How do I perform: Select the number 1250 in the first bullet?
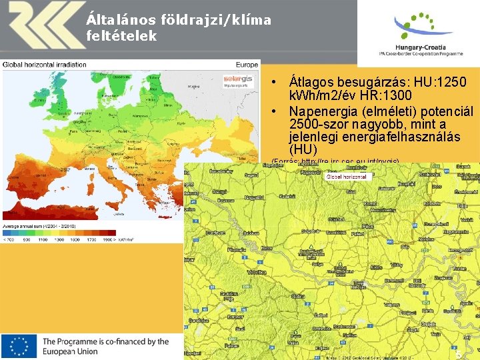(451, 83)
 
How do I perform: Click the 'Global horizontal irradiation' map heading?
(45, 65)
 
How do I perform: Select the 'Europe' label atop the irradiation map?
(246, 65)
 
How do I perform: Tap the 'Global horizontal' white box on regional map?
(346, 177)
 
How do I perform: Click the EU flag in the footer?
(19, 346)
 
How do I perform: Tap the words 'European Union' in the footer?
(70, 351)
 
